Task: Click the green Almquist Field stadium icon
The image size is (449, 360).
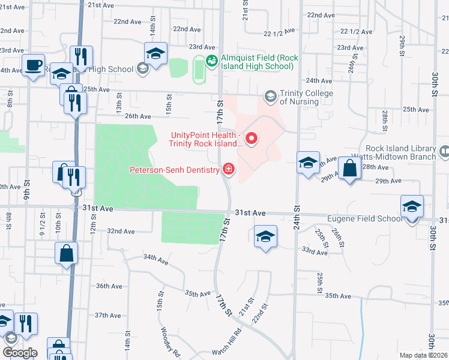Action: [x=211, y=61]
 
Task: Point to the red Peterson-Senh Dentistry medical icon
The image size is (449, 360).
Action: [x=228, y=170]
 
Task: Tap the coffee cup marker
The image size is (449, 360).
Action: [x=33, y=64]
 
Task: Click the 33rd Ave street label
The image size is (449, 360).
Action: [x=315, y=252]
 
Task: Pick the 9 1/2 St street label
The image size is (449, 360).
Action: [x=43, y=220]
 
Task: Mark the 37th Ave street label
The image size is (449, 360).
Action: [x=108, y=315]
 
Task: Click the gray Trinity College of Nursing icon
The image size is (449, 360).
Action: [x=270, y=96]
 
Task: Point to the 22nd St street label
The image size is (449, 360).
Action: [x=260, y=313]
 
